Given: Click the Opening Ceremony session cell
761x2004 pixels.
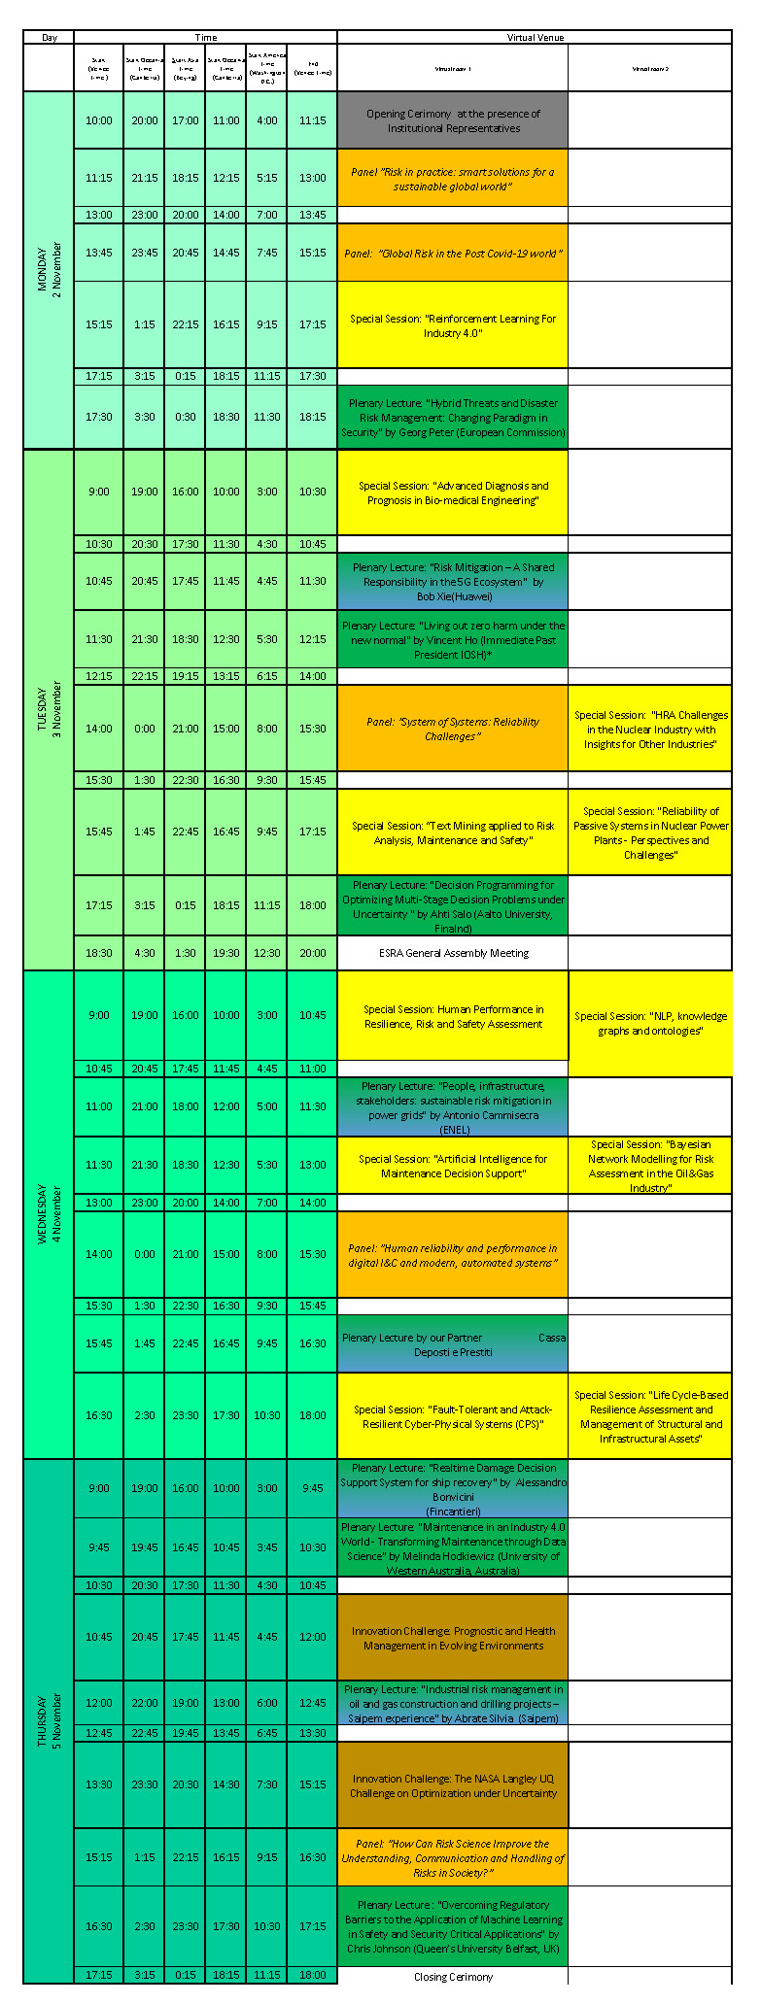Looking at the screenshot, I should (x=453, y=121).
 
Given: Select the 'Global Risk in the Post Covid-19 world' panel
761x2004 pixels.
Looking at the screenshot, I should (x=453, y=254).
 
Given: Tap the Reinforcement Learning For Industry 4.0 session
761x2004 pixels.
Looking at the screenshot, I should (x=453, y=325).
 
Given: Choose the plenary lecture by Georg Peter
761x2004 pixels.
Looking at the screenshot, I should (x=453, y=418).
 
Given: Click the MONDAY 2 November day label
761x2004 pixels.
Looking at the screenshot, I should (x=49, y=270).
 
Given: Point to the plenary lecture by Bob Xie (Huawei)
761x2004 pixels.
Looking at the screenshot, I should (x=453, y=582).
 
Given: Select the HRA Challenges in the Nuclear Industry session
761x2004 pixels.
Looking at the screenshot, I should (x=649, y=730).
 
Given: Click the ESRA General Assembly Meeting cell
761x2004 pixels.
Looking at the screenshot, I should (x=453, y=953).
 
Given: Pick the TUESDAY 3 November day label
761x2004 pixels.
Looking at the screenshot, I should (x=49, y=709).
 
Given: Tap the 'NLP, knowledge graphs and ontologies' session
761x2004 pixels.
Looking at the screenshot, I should (x=649, y=1024).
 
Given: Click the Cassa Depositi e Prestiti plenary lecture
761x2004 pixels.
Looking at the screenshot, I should (x=453, y=1344).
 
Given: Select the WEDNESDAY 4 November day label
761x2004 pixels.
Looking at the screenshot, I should (x=49, y=1213).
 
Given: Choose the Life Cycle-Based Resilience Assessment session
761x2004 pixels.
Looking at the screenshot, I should (x=649, y=1416).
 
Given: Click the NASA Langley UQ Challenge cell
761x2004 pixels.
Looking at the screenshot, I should (x=453, y=1785).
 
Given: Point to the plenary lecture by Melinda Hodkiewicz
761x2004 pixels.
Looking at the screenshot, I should (x=453, y=1548).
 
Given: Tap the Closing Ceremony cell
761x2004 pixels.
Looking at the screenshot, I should (x=453, y=1976).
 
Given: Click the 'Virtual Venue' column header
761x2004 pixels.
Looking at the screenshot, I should (x=535, y=37).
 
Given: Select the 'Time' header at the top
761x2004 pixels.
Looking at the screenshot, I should (x=205, y=37).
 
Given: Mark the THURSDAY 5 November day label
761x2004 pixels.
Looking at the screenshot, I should (x=49, y=1720).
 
